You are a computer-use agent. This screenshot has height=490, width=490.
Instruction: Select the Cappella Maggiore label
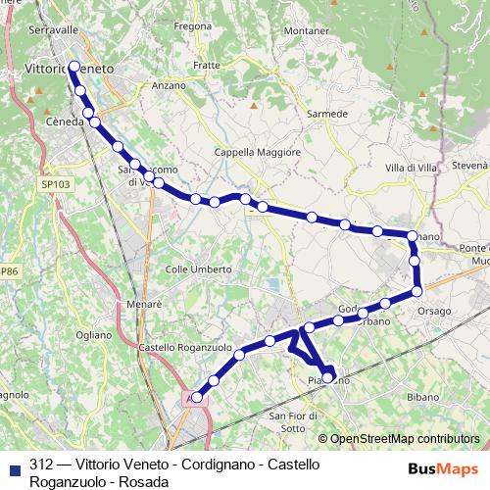255,153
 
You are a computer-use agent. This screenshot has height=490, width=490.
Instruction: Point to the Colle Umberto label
198,269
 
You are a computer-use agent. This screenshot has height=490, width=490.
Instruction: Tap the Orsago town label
434,312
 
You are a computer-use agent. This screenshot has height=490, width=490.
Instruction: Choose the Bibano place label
423,399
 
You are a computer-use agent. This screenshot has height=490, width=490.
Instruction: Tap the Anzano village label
169,85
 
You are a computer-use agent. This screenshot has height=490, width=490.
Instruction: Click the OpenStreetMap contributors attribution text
404,439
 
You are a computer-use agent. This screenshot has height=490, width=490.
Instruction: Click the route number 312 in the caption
41,464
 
